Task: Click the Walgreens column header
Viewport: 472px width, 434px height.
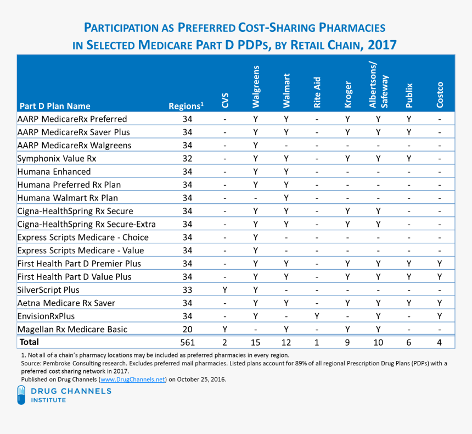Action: coord(255,87)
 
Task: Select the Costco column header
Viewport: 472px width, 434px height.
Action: coord(440,94)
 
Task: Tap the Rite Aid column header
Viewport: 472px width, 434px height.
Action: coord(317,91)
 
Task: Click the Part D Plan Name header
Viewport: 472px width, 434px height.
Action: coord(55,106)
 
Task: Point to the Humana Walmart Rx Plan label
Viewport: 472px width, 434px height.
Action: coord(68,198)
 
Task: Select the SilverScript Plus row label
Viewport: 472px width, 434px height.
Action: coord(48,290)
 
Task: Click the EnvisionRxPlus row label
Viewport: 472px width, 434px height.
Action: coord(46,316)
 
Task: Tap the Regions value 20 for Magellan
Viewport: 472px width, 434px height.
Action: coord(187,329)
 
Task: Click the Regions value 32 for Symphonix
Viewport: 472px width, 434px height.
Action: coord(187,158)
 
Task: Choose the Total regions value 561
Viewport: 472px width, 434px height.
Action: coord(187,342)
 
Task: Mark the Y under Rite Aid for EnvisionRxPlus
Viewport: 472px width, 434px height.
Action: coord(317,316)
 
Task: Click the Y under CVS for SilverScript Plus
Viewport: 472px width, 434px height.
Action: coord(224,290)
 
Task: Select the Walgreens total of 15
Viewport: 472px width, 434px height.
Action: coord(255,342)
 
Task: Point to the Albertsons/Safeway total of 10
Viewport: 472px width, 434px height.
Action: coord(378,342)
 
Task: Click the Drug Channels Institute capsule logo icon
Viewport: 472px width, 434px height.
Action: coord(21,395)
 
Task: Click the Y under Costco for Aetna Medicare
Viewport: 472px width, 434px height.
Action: coord(440,303)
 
